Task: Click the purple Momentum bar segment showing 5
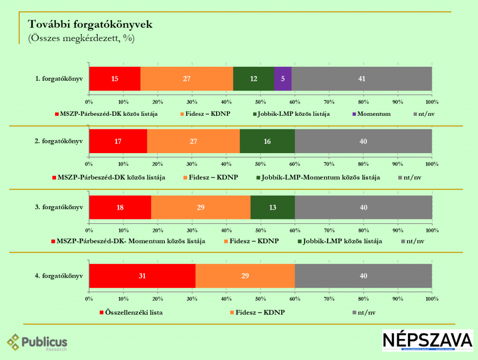pos(282,78)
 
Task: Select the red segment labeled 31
pos(142,275)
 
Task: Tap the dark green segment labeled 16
pos(267,141)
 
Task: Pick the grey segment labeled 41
pos(361,78)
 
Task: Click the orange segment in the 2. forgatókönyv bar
pos(193,141)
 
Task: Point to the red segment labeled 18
pos(120,207)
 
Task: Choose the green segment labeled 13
pos(273,207)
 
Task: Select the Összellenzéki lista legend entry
pos(131,311)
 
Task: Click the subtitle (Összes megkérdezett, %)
pos(81,38)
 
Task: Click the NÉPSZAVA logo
pos(427,340)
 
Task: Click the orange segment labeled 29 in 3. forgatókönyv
pos(201,207)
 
